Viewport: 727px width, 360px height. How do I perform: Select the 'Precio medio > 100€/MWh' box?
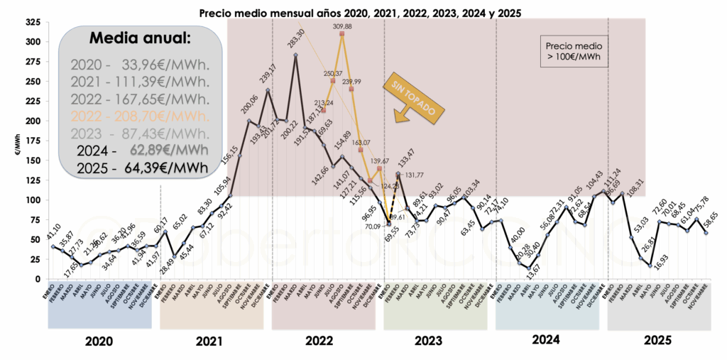[574, 51]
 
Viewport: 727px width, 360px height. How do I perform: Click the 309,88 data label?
[343, 27]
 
